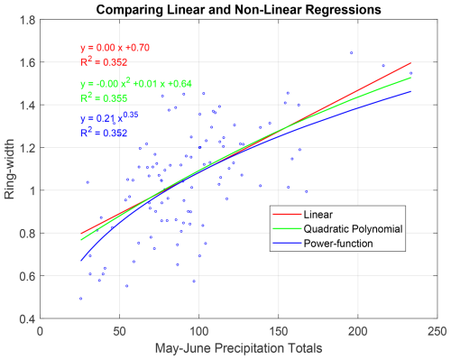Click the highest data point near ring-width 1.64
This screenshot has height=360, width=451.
coord(352,52)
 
